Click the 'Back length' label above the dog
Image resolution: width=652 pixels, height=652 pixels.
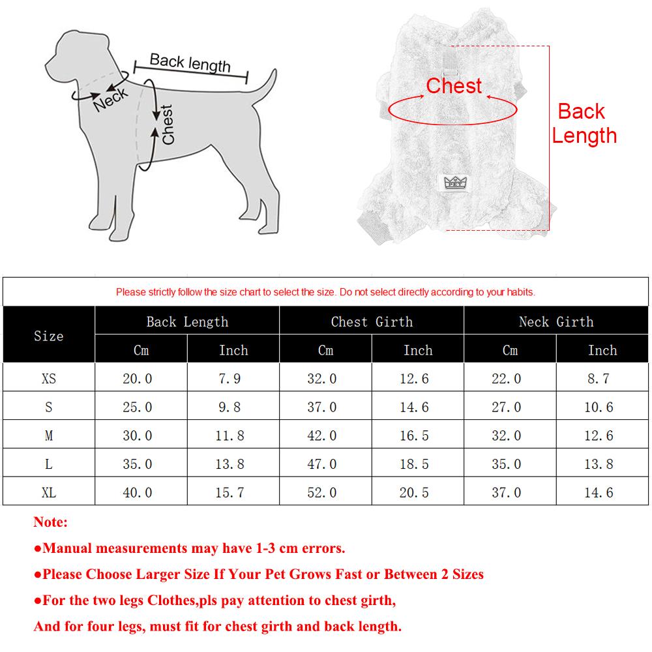(190, 63)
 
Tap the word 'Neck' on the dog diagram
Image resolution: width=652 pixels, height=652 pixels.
(111, 99)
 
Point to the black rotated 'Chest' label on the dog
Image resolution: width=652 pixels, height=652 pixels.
(168, 125)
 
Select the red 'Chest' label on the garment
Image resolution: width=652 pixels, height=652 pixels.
(454, 85)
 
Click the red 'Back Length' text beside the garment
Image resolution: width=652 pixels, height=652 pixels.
(584, 123)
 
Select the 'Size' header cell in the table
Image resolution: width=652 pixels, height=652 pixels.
(49, 336)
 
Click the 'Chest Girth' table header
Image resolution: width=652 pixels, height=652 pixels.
(372, 321)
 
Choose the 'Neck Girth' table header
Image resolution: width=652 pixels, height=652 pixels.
(556, 321)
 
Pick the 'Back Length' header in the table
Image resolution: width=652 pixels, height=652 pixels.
(187, 321)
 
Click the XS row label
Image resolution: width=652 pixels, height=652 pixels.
(49, 378)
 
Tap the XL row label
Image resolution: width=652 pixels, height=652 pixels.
(49, 492)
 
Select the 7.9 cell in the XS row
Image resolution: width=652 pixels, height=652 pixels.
(233, 378)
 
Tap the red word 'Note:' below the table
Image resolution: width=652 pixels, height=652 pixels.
(51, 522)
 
